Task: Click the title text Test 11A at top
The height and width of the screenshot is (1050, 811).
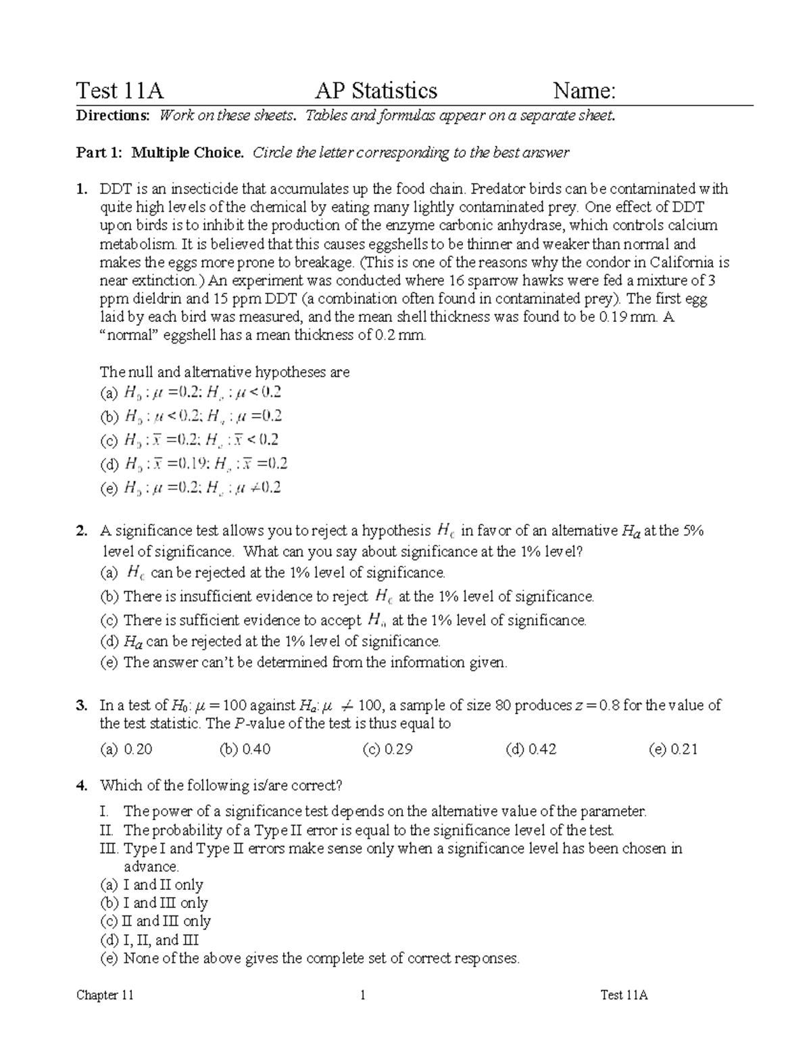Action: tap(120, 91)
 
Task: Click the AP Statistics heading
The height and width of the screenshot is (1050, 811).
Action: tap(376, 91)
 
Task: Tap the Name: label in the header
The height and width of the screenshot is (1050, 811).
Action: tap(584, 91)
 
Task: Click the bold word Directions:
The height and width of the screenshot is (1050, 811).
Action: tap(112, 116)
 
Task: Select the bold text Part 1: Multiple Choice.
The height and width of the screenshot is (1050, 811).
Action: tap(160, 153)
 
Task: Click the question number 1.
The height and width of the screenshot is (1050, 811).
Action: tap(82, 189)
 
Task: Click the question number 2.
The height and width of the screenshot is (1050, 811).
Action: tap(82, 531)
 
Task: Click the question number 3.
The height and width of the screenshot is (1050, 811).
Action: tap(82, 706)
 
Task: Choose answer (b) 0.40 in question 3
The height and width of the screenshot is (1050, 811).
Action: tap(245, 749)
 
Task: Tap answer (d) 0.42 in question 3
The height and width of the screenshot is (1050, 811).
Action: tap(531, 749)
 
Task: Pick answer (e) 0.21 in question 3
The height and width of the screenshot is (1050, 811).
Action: tap(672, 749)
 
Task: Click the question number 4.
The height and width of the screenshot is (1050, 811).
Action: tap(82, 786)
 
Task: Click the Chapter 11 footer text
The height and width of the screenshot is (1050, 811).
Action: tap(105, 995)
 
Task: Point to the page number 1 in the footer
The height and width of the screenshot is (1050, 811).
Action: tap(363, 995)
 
